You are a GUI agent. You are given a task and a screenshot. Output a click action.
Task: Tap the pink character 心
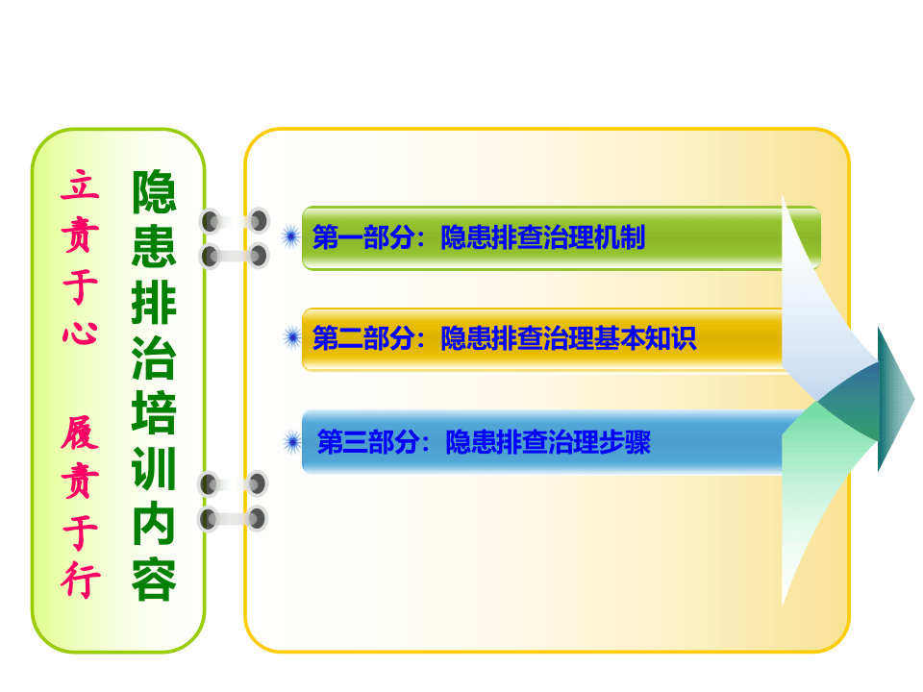(x=80, y=330)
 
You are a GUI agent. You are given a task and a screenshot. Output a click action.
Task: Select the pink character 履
(x=80, y=435)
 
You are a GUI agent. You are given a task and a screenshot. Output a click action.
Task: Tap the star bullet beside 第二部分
(x=290, y=337)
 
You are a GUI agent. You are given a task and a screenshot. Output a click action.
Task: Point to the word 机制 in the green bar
(x=621, y=237)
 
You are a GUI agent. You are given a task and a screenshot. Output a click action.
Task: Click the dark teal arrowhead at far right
(x=893, y=398)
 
